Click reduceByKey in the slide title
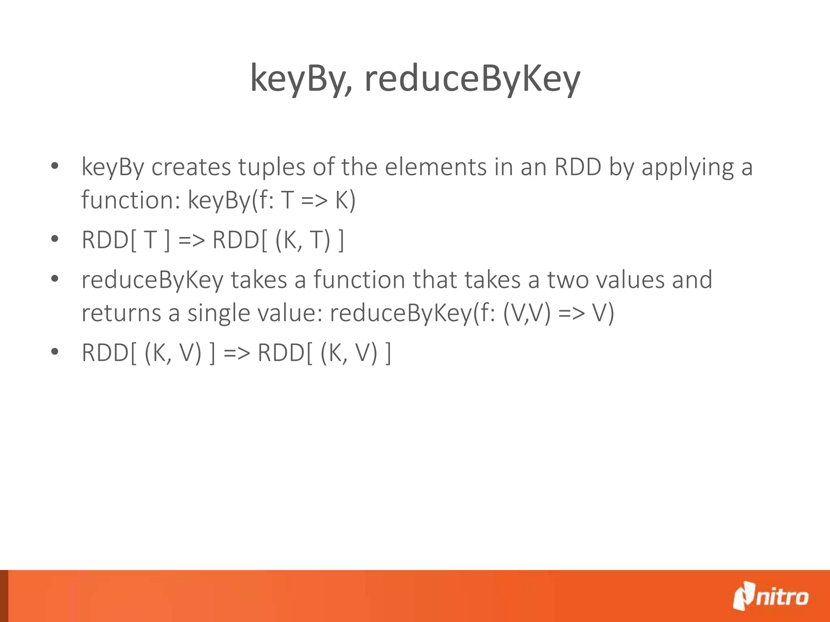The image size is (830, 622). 472,79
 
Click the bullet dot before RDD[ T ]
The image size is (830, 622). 55,239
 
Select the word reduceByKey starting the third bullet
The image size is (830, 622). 152,280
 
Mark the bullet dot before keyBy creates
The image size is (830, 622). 55,166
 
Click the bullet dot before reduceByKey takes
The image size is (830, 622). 55,279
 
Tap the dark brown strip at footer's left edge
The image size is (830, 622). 4,596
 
